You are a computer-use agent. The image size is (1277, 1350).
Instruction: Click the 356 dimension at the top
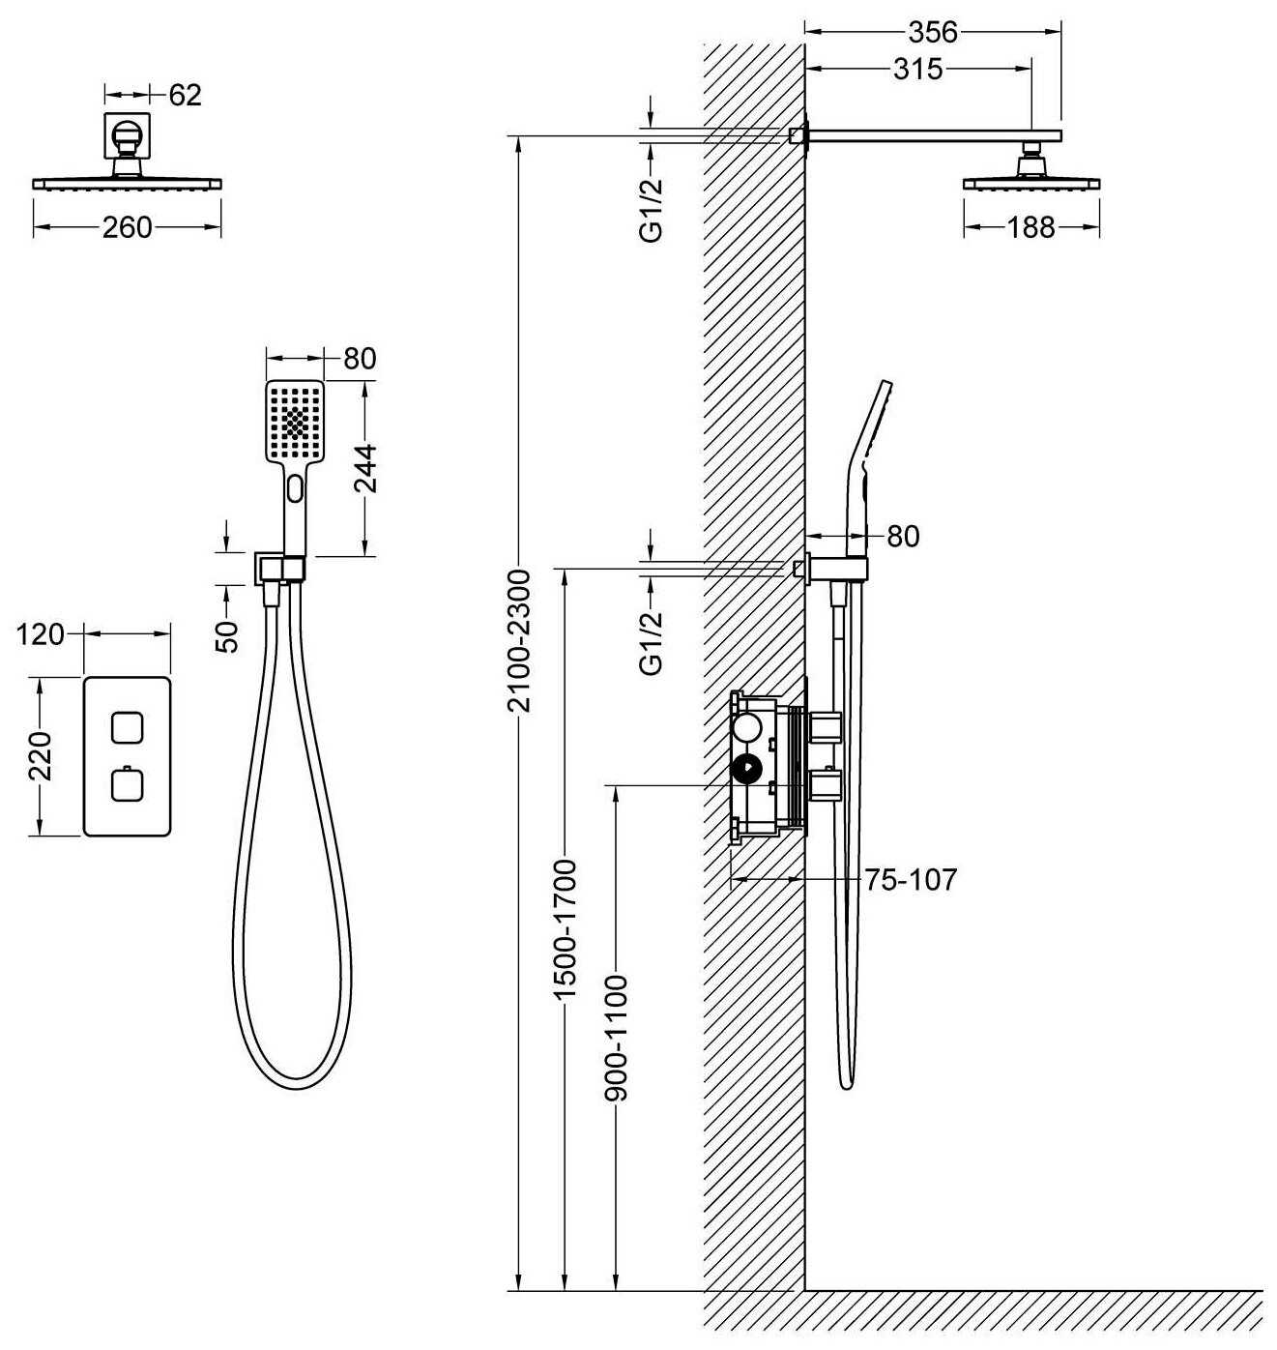(x=932, y=32)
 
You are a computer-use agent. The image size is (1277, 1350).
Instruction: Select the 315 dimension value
(x=918, y=69)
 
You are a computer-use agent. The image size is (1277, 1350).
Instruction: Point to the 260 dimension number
(x=127, y=227)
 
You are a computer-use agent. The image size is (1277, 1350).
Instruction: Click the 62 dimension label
(x=185, y=96)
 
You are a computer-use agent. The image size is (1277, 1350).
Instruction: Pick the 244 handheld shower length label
(x=365, y=468)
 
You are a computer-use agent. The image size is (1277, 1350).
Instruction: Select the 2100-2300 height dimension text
(x=520, y=640)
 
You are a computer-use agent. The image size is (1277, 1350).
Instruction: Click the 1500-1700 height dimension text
(x=566, y=930)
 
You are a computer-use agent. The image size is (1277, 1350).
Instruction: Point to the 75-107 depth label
(x=910, y=879)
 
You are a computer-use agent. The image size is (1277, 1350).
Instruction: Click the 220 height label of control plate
(x=41, y=756)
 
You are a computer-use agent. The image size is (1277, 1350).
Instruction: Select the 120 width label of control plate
(x=40, y=634)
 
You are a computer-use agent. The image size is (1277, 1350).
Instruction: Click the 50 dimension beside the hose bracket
(x=228, y=636)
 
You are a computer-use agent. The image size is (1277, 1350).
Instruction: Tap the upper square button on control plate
(x=127, y=727)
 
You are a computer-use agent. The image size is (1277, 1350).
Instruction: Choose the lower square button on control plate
(x=127, y=784)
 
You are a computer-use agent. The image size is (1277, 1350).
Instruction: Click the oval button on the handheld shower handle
(x=295, y=488)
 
